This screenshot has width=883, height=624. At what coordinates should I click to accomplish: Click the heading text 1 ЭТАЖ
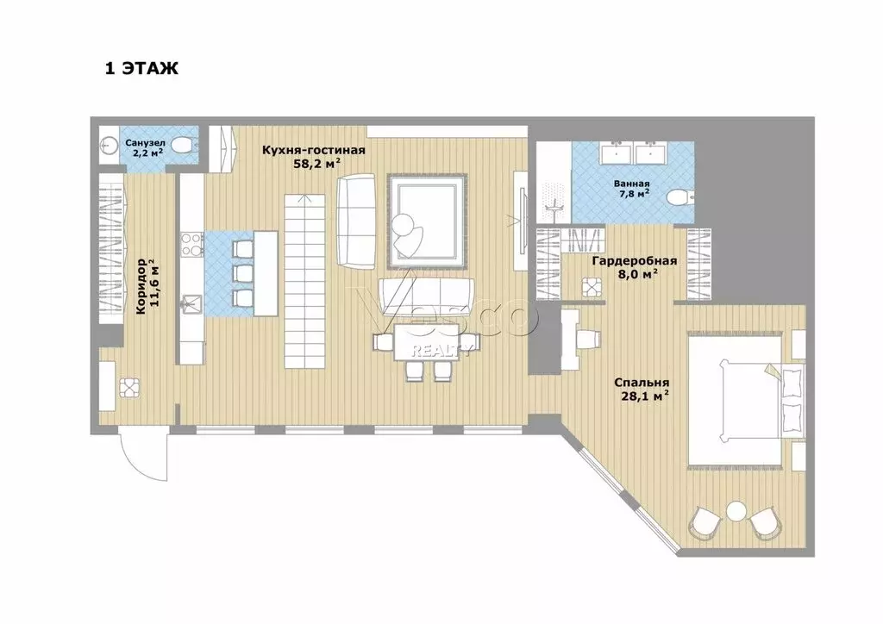pyautogui.click(x=141, y=69)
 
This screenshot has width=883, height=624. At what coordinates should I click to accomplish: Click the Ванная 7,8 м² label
pyautogui.click(x=632, y=190)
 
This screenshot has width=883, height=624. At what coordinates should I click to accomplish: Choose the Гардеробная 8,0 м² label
pyautogui.click(x=634, y=266)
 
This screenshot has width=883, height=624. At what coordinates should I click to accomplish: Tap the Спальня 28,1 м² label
pyautogui.click(x=642, y=390)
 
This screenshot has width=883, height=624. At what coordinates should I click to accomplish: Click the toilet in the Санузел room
pyautogui.click(x=182, y=147)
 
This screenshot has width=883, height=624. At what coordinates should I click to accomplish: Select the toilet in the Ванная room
pyautogui.click(x=679, y=198)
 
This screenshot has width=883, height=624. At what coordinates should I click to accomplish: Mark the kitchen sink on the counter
pyautogui.click(x=191, y=303)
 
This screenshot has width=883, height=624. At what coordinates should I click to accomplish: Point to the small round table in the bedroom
pyautogui.click(x=735, y=512)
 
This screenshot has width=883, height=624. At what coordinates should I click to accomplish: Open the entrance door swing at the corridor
pyautogui.click(x=140, y=459)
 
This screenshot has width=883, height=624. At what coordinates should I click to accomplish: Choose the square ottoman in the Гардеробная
pyautogui.click(x=592, y=287)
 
